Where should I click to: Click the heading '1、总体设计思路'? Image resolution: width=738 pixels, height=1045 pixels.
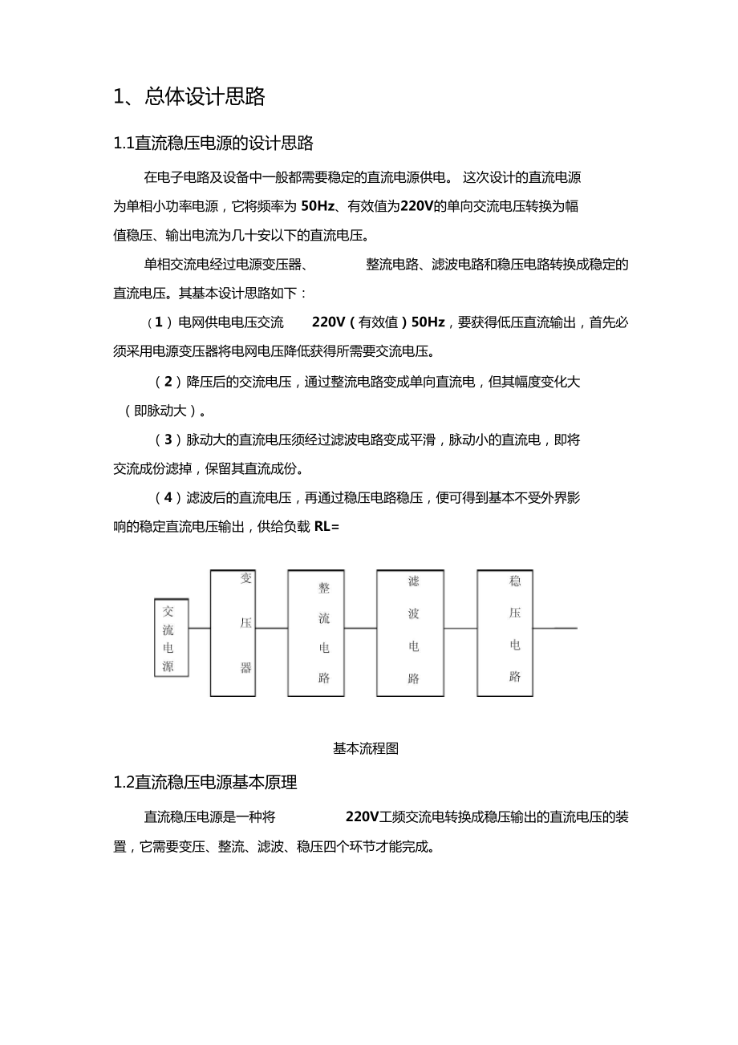(189, 97)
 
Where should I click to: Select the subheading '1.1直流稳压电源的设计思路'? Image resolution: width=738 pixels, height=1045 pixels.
(213, 144)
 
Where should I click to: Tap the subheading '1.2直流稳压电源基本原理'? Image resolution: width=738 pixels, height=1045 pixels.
(205, 781)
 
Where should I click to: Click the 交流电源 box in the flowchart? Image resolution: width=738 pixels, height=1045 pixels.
(171, 638)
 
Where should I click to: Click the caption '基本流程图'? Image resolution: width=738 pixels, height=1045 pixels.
(366, 749)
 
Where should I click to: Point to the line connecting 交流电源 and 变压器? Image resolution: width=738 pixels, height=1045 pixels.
(199, 629)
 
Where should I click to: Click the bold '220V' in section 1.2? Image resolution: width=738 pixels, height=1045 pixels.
(361, 817)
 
